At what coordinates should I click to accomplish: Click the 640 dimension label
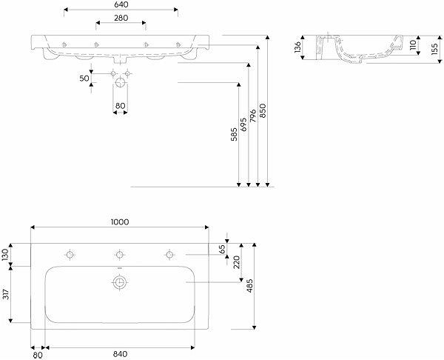[x=121, y=4]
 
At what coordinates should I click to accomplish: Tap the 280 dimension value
[x=121, y=18]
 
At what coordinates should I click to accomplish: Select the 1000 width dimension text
[x=119, y=222]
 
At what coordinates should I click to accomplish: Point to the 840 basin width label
[x=121, y=354]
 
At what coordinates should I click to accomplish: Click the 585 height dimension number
[x=234, y=135]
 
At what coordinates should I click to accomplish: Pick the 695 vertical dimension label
[x=243, y=124]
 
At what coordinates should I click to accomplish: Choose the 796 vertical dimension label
[x=253, y=116]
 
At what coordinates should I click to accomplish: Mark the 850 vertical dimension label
[x=263, y=110]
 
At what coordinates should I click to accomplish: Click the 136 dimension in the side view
[x=297, y=47]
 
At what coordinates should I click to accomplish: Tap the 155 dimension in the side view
[x=434, y=48]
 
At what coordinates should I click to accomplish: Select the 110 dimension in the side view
[x=413, y=44]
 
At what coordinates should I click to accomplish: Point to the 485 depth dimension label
[x=250, y=286]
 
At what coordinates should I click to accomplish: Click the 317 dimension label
[x=6, y=294]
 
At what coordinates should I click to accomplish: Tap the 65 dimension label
[x=223, y=249]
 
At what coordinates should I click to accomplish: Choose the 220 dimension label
[x=237, y=262]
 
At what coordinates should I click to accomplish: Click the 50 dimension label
[x=84, y=79]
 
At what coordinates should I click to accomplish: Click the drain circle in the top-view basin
[x=120, y=282]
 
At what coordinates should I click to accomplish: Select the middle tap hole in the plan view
[x=120, y=254]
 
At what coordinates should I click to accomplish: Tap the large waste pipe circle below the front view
[x=120, y=82]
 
